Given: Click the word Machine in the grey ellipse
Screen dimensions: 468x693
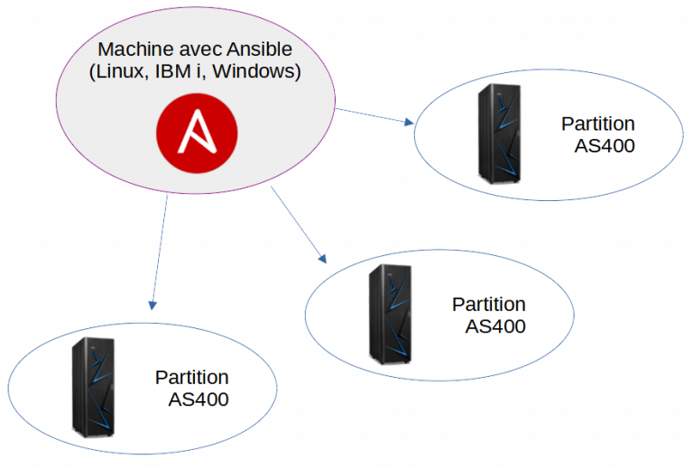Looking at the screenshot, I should click(133, 50).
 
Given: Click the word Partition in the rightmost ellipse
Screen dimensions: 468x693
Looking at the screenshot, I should click(597, 124).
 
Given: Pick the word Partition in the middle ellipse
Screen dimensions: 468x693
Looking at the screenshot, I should click(488, 304).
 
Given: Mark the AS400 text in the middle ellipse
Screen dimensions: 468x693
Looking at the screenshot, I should click(495, 326).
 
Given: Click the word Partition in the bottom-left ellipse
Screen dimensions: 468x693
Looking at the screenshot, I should click(191, 377).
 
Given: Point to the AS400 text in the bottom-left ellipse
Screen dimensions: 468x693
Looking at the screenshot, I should click(199, 399).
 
